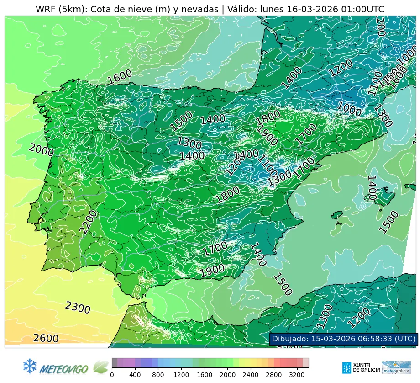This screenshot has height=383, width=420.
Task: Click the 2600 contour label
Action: pyautogui.click(x=46, y=339)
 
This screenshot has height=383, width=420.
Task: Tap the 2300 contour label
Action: pyautogui.click(x=78, y=308)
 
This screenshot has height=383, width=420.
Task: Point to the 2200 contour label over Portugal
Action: pyautogui.click(x=89, y=222)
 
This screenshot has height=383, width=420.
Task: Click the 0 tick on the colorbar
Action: pyautogui.click(x=112, y=375)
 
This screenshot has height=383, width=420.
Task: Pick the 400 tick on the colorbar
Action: pyautogui.click(x=135, y=375)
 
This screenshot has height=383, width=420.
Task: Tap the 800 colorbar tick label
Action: pyautogui.click(x=158, y=375)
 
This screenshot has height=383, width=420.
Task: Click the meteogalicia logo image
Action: pyautogui.click(x=396, y=367)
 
